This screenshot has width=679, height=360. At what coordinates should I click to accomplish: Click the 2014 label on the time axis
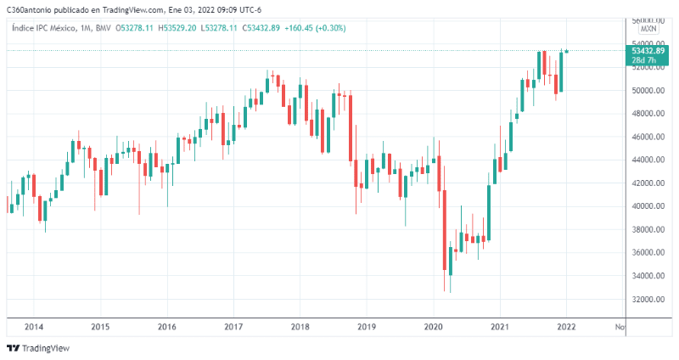pyautogui.click(x=34, y=327)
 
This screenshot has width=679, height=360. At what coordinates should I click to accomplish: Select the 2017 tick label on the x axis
pyautogui.click(x=233, y=327)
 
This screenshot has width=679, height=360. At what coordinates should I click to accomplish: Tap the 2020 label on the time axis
pyautogui.click(x=434, y=327)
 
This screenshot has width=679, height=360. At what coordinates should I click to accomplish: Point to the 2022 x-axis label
pyautogui.click(x=567, y=327)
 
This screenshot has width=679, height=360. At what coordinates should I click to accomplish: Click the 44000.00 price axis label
pyautogui.click(x=648, y=160)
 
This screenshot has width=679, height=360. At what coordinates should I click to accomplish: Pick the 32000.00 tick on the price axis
pyautogui.click(x=648, y=299)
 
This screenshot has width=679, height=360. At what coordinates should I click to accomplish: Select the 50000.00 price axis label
pyautogui.click(x=648, y=90)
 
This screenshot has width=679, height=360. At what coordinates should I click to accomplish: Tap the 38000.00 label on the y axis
pyautogui.click(x=648, y=229)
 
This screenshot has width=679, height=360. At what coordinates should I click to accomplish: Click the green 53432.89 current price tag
pyautogui.click(x=648, y=51)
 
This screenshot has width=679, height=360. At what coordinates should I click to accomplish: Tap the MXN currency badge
pyautogui.click(x=648, y=29)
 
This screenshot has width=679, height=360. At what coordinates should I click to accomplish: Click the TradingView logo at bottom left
pyautogui.click(x=38, y=348)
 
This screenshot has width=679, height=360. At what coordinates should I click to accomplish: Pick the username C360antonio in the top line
pyautogui.click(x=30, y=9)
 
